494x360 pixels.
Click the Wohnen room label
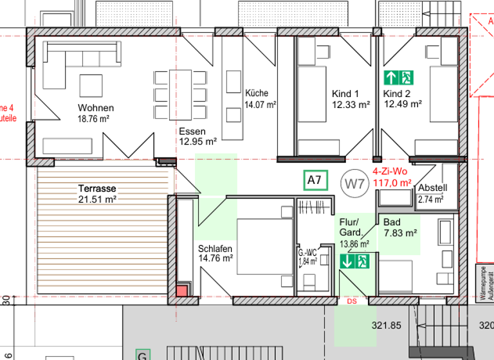click(x=96, y=108)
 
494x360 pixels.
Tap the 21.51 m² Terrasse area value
click(x=97, y=199)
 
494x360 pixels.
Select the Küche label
click(x=257, y=93)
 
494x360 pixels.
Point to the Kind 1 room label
click(x=345, y=94)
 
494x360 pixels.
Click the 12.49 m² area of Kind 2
click(x=403, y=104)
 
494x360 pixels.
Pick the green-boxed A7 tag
click(x=314, y=181)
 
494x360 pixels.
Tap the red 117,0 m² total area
click(x=392, y=183)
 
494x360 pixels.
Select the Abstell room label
click(x=432, y=188)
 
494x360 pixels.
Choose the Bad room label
click(x=392, y=222)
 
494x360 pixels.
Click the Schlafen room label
click(x=215, y=249)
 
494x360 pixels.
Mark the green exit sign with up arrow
click(x=398, y=78)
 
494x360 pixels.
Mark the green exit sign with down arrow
click(x=354, y=261)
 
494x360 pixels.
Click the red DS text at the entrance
click(x=351, y=301)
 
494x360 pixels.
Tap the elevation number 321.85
click(x=386, y=325)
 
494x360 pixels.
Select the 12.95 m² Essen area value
click(x=197, y=142)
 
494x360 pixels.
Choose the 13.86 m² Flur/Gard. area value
click(x=354, y=244)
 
